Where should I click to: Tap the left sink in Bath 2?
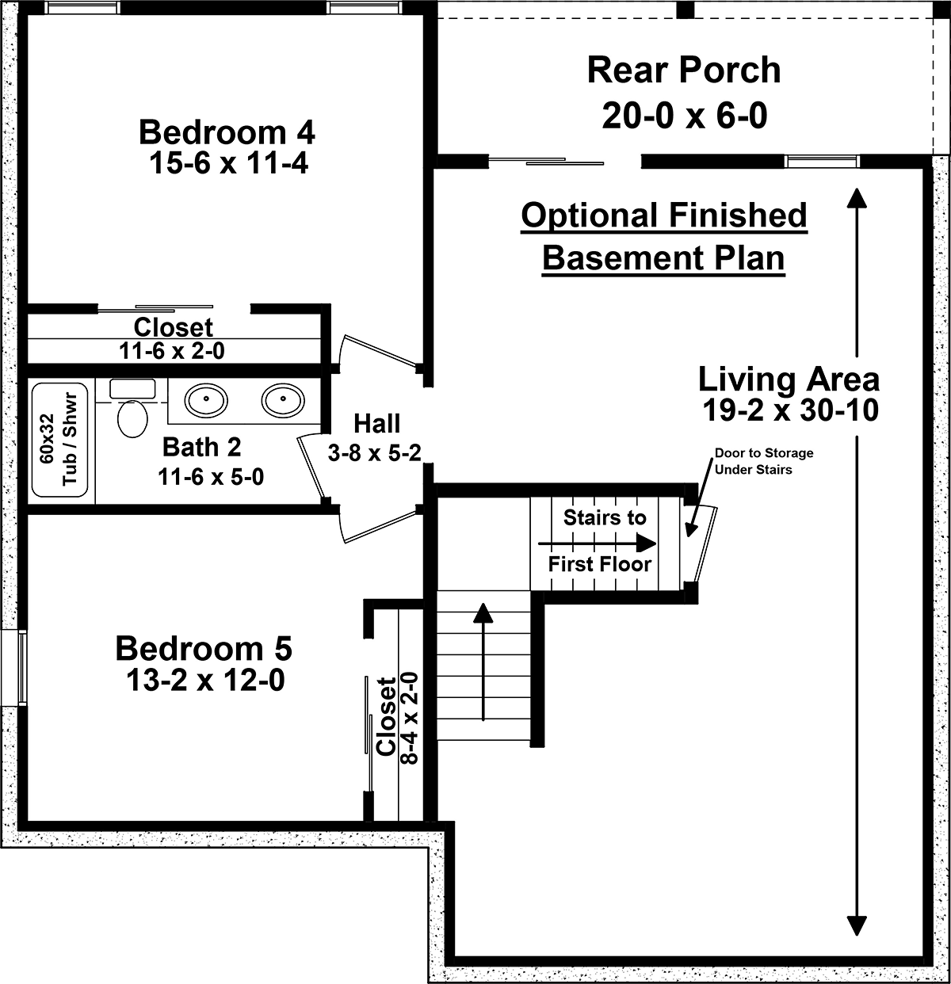[206, 399]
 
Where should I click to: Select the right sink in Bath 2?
[283, 399]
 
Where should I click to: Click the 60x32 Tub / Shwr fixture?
[59, 440]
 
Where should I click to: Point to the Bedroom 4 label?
[227, 132]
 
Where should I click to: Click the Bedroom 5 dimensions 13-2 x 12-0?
[205, 680]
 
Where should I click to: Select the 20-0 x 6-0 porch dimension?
[685, 116]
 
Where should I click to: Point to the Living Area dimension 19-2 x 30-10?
[790, 410]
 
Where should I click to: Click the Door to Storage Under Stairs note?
[764, 461]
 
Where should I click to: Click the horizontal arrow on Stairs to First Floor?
[597, 544]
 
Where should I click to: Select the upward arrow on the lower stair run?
[484, 662]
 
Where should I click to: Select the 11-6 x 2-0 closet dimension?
[171, 351]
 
